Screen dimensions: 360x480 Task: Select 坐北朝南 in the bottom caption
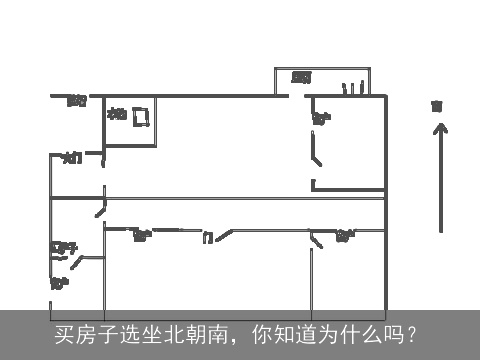(173, 331)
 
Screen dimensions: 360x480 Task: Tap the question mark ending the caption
(411, 331)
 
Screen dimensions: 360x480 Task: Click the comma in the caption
(232, 335)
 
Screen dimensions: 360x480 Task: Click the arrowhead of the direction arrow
(437, 129)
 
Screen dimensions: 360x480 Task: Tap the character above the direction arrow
(436, 104)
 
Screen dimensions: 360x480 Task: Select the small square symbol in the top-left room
(141, 118)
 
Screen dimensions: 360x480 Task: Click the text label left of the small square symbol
(117, 114)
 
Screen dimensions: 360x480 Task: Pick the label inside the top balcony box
(301, 77)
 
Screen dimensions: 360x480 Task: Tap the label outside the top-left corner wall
(76, 99)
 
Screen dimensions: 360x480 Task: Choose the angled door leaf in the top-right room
(317, 156)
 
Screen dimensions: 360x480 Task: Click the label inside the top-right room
(321, 119)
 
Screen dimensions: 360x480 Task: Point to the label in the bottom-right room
(345, 236)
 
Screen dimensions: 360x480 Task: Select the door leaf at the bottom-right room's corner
(319, 239)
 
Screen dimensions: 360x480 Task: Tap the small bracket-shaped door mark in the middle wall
(207, 238)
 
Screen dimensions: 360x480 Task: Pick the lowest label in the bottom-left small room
(59, 283)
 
